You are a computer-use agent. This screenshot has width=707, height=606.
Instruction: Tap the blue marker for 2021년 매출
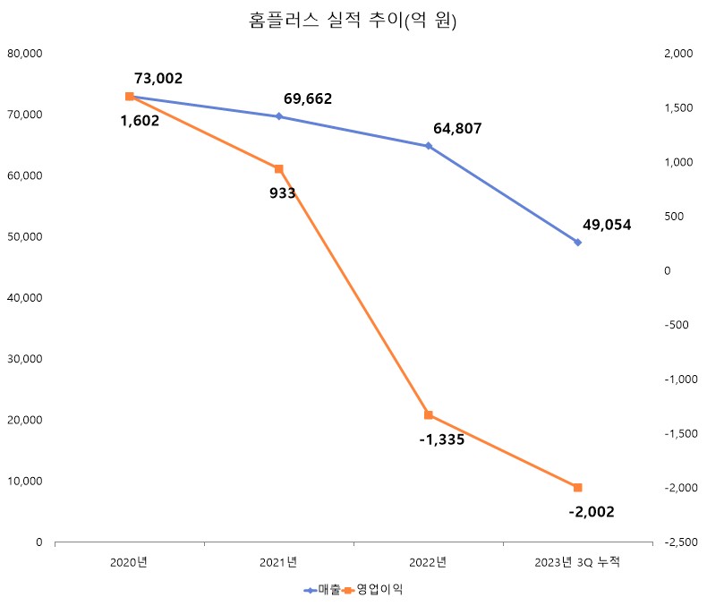[x=278, y=116]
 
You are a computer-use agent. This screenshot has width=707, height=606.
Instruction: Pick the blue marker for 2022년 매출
[x=428, y=146]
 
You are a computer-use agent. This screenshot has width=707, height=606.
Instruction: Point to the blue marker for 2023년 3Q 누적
[x=577, y=243]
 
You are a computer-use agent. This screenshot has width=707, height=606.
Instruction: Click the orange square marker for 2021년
[x=278, y=169]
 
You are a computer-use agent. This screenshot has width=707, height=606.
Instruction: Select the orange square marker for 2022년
[x=428, y=415]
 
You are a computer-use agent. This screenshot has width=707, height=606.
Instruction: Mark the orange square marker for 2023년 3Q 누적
[x=577, y=488]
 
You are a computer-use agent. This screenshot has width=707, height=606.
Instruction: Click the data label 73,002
[x=158, y=79]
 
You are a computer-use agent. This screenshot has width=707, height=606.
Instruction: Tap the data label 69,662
[x=307, y=98]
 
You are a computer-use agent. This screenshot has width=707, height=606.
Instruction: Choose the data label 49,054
[x=606, y=225]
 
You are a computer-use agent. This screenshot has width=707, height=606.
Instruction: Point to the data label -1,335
[x=441, y=440]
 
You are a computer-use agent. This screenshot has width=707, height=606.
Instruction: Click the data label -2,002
[x=591, y=512]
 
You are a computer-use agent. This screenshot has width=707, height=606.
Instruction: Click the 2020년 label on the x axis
[x=129, y=562]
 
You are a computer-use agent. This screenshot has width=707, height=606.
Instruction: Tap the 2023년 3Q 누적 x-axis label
[x=576, y=562]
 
